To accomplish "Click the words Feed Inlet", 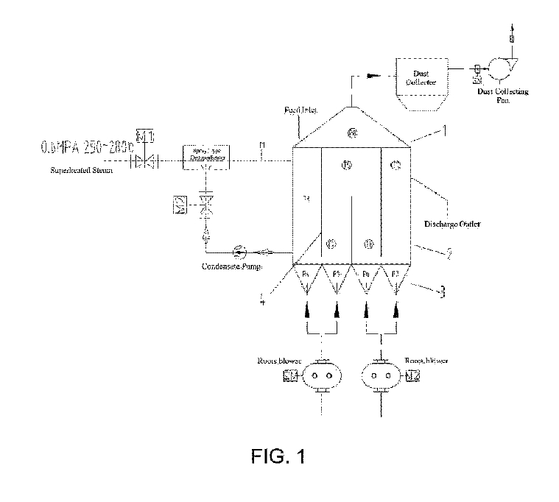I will (300, 110).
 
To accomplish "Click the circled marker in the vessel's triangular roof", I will (352, 132).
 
